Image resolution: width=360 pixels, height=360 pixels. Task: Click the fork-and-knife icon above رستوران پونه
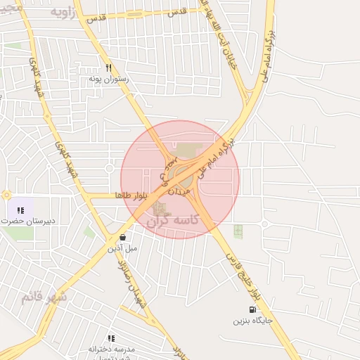(x=108, y=68)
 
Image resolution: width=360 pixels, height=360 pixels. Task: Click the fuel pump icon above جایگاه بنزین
(x=252, y=309)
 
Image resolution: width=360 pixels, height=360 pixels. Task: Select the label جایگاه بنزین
(x=252, y=321)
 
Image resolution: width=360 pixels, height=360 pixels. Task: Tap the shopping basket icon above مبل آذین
(x=123, y=237)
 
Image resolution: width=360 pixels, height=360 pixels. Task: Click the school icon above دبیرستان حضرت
(x=20, y=210)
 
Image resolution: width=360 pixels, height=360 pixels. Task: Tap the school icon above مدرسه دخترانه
(x=111, y=338)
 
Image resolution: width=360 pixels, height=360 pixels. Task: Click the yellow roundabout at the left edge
(x=6, y=195)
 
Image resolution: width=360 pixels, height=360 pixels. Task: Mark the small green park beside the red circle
(x=238, y=231)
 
